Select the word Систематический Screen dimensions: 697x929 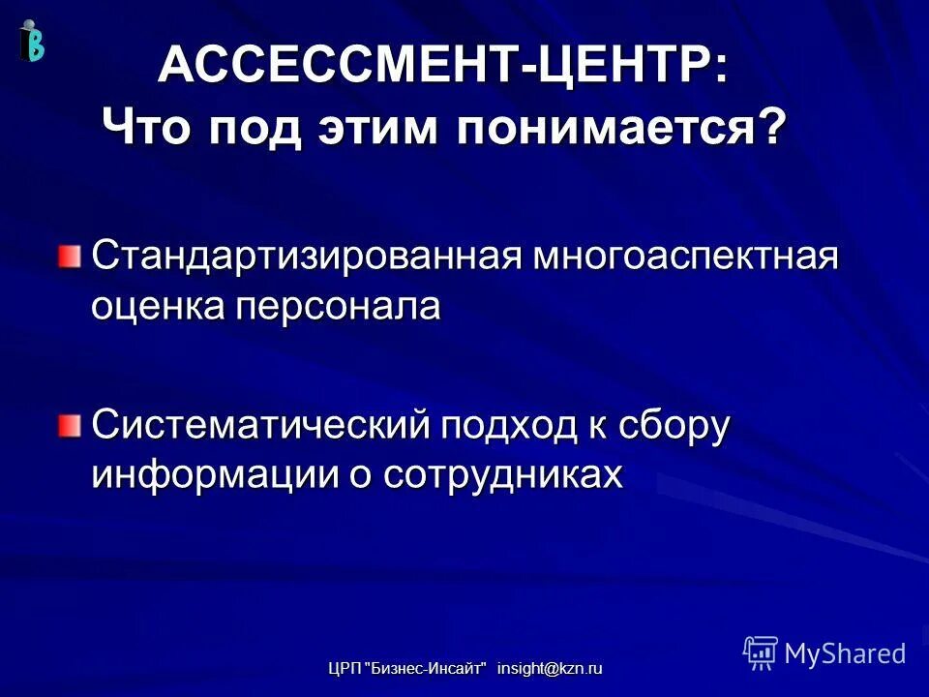(x=260, y=426)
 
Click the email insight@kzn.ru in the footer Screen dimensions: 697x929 (x=549, y=669)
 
